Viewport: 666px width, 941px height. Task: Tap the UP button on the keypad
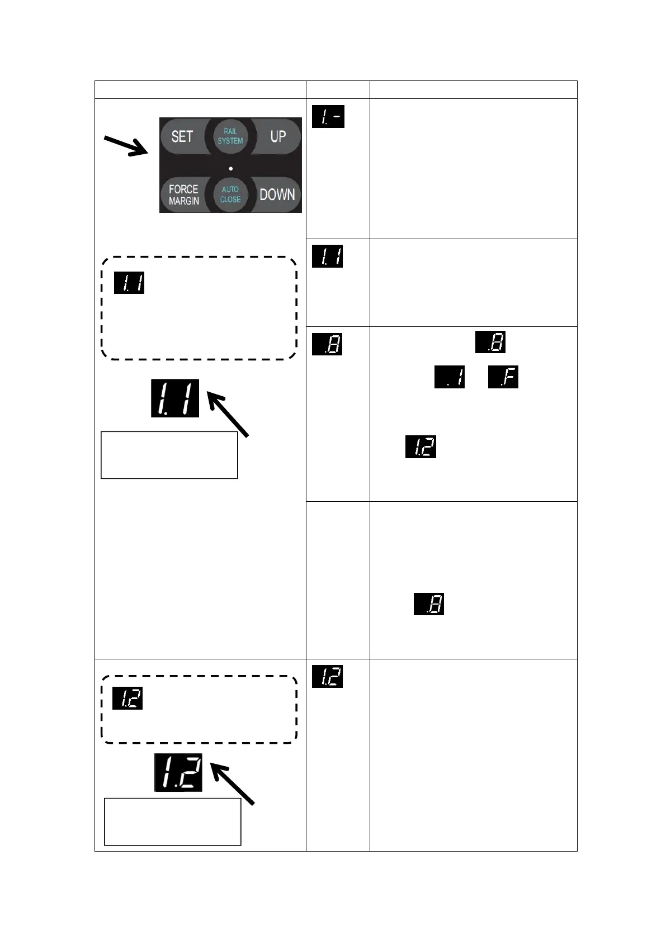pos(278,136)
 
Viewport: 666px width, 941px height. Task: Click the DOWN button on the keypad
pos(277,194)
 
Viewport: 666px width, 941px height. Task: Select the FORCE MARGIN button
pos(184,194)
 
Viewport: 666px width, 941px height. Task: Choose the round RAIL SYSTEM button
pos(230,136)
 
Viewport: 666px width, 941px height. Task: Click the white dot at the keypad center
pos(231,168)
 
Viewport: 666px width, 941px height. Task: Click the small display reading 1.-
pos(328,117)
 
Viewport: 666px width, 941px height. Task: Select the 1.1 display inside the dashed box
pos(129,283)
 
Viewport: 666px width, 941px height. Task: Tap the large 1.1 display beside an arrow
pos(175,398)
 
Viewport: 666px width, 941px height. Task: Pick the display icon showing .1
pos(450,377)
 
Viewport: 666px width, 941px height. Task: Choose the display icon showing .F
pos(503,377)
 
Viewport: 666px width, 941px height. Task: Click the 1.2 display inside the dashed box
pos(127,698)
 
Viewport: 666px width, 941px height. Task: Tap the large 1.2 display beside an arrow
pos(178,772)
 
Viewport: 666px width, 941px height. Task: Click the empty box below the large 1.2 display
pos(173,821)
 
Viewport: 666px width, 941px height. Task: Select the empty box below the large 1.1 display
pos(169,455)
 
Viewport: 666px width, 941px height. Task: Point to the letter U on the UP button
pos(274,136)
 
